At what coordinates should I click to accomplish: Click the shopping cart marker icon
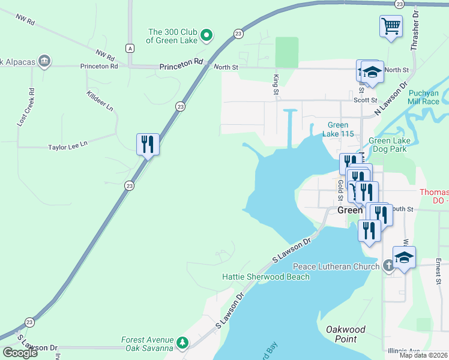point(391,26)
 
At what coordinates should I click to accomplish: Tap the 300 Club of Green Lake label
point(175,37)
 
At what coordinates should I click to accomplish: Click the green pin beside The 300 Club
point(206,36)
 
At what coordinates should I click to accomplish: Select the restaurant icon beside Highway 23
point(148,144)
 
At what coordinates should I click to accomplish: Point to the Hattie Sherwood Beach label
point(266,277)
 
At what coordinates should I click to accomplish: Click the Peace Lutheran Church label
point(336,266)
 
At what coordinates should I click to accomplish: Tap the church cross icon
point(388,265)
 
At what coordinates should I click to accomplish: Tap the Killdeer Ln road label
point(100,101)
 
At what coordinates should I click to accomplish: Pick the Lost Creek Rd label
point(26,107)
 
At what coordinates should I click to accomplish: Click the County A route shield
point(130,47)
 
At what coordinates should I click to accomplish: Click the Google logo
point(19,353)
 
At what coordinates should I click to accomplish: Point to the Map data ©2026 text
point(424,355)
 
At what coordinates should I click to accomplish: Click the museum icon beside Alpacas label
point(44,61)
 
